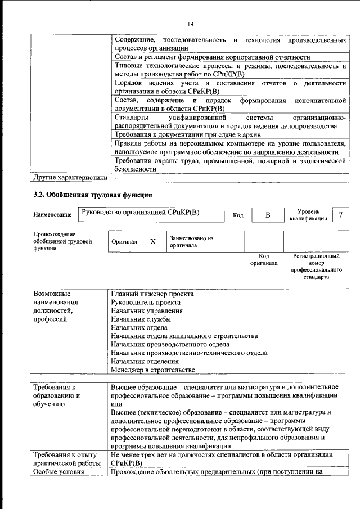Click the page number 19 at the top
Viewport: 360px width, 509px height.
point(190,24)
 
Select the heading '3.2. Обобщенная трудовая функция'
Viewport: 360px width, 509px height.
point(92,195)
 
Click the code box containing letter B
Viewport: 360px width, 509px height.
point(268,215)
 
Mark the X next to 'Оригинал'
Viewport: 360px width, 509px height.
point(152,241)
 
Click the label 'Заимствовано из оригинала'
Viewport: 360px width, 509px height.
point(192,242)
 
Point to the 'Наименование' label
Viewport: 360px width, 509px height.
point(52,215)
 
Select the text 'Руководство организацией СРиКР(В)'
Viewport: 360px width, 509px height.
point(140,213)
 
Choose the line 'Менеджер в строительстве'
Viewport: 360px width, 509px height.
point(153,370)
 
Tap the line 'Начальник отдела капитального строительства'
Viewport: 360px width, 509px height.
point(184,336)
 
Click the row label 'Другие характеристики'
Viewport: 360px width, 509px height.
point(70,178)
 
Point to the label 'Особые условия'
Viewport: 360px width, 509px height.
point(58,471)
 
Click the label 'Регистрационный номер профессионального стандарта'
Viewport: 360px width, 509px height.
point(316,266)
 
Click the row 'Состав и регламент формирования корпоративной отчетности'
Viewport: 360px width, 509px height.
point(212,57)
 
